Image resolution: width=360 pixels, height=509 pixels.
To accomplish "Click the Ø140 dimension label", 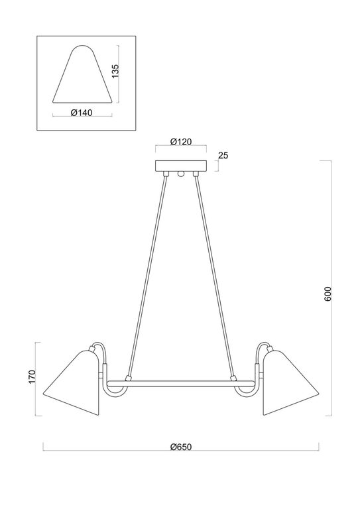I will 80,112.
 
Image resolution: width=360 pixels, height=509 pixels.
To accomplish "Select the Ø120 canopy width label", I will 180,141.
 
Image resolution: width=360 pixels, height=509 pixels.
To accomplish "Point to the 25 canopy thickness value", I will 223,156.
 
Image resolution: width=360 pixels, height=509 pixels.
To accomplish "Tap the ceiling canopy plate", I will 180,166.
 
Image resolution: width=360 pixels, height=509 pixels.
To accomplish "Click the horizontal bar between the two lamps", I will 180,383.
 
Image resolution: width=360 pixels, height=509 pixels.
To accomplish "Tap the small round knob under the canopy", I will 180,174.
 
